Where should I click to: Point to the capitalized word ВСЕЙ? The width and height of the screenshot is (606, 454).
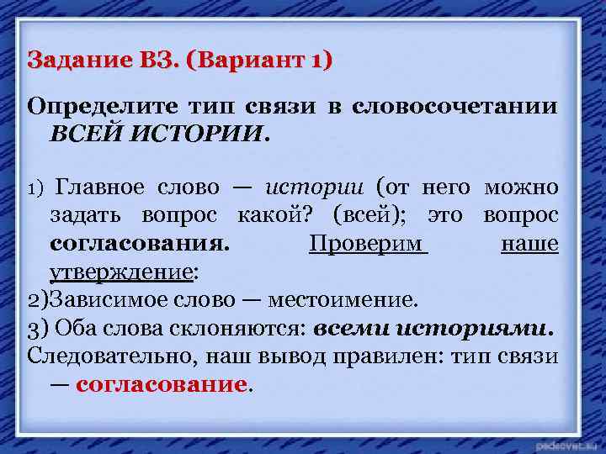pyautogui.click(x=84, y=134)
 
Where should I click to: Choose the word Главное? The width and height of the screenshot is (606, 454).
pyautogui.click(x=100, y=187)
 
